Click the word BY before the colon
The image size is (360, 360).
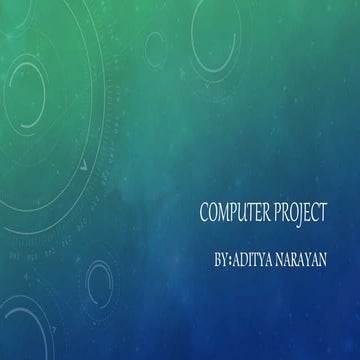coord(221,259)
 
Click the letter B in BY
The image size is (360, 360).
coord(217,259)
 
